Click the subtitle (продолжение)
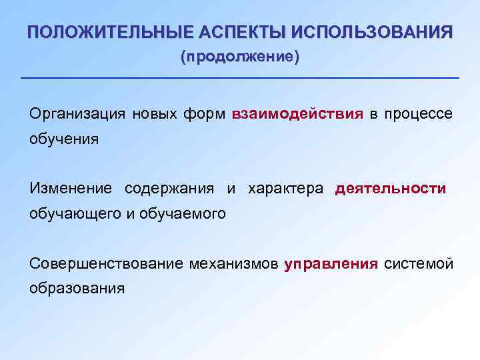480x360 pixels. pyautogui.click(x=240, y=57)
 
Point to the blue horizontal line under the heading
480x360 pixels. pyautogui.click(x=240, y=79)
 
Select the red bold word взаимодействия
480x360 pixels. pyautogui.click(x=297, y=114)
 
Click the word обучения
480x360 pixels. pyautogui.click(x=64, y=139)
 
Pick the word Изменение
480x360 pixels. pyautogui.click(x=71, y=189)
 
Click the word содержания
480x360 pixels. pyautogui.click(x=169, y=189)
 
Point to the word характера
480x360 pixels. pyautogui.click(x=285, y=189)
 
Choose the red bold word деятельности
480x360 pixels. pyautogui.click(x=391, y=189)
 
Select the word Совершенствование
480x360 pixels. pyautogui.click(x=106, y=263)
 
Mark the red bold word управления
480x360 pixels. pyautogui.click(x=331, y=263)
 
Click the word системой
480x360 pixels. pyautogui.click(x=419, y=263)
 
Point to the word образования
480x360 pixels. pyautogui.click(x=77, y=289)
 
